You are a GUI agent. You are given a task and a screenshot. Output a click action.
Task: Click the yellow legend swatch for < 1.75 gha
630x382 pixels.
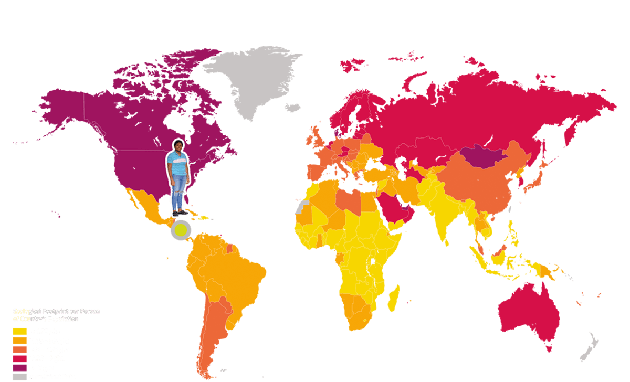click(20, 332)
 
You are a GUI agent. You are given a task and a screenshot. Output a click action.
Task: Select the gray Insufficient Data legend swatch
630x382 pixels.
click(20, 376)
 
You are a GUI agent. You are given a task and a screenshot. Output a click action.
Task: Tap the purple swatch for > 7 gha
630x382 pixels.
click(20, 367)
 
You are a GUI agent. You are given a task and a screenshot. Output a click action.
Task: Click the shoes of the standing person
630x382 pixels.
click(180, 213)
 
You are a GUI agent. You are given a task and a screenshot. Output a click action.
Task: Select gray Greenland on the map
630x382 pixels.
click(252, 79)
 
